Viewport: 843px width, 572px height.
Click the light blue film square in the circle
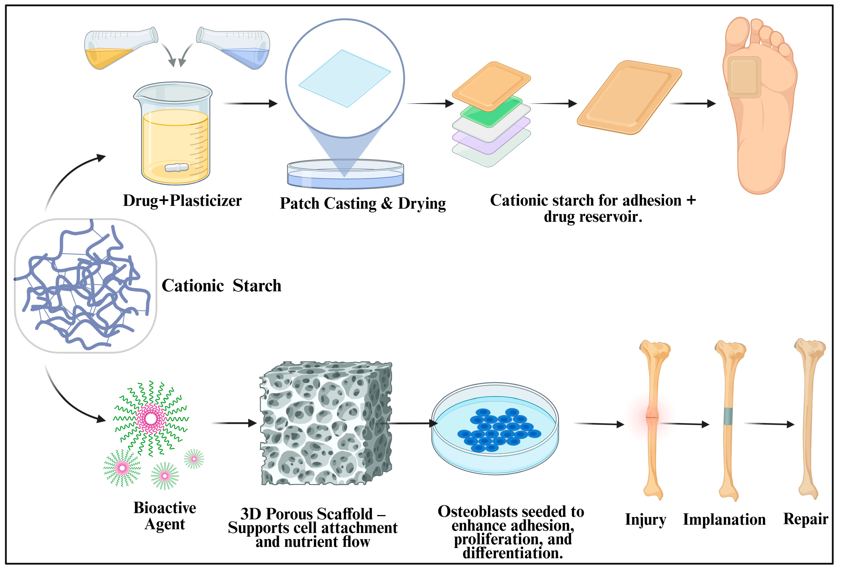pyautogui.click(x=345, y=78)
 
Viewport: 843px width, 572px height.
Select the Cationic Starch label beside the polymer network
pyautogui.click(x=221, y=286)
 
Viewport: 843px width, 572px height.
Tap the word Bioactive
pyautogui.click(x=165, y=508)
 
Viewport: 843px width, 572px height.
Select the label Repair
pyautogui.click(x=805, y=519)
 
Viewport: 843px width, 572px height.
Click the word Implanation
pyautogui.click(x=724, y=519)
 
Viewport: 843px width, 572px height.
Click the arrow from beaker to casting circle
pyautogui.click(x=250, y=104)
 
